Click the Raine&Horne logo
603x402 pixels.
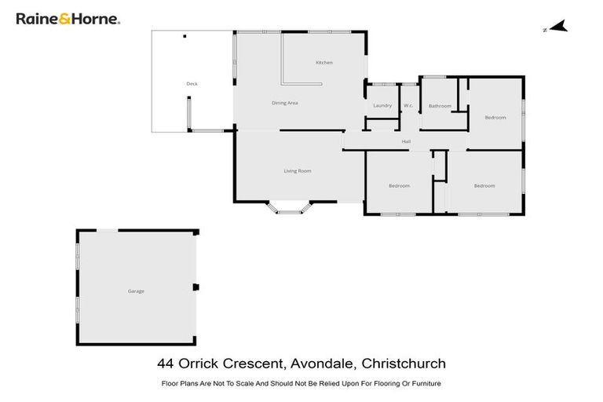(x=68, y=19)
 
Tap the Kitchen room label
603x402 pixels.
(x=324, y=63)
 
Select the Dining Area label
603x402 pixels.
(x=284, y=103)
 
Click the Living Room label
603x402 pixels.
(x=298, y=170)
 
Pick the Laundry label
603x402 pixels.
(x=382, y=105)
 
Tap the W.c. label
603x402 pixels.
(x=408, y=105)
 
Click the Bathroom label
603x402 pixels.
(x=440, y=106)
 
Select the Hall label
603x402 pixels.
(x=406, y=141)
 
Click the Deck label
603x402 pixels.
(x=192, y=84)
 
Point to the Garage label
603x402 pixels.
(x=136, y=291)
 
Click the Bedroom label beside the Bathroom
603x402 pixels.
(x=495, y=118)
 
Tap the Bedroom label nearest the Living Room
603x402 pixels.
(x=399, y=186)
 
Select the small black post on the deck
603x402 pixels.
(x=185, y=36)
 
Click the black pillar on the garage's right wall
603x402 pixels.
(x=196, y=287)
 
